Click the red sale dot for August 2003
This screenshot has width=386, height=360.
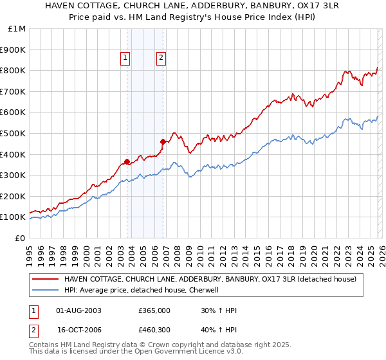coord(127,161)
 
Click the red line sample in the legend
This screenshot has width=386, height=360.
coord(45,279)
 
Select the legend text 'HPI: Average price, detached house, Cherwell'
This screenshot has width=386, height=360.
coord(142,290)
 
